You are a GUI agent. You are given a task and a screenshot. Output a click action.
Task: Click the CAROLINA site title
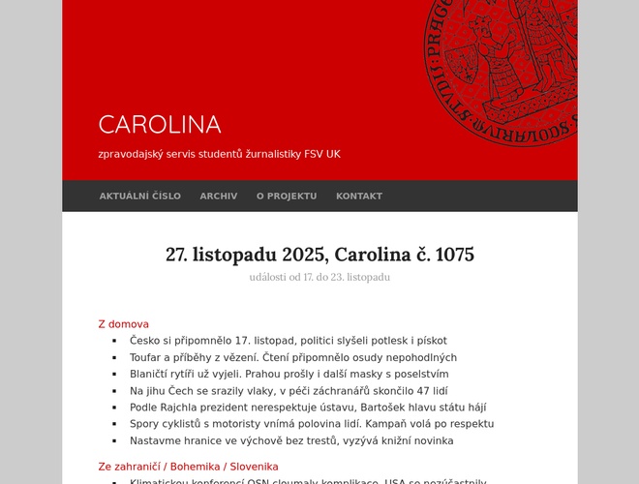(x=160, y=125)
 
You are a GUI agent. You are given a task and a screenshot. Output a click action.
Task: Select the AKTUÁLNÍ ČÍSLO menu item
(x=139, y=196)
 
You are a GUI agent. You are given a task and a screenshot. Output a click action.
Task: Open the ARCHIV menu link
(x=219, y=196)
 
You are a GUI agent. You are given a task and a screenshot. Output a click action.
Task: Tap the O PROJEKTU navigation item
(x=287, y=196)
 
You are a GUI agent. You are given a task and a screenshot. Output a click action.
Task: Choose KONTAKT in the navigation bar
(x=359, y=196)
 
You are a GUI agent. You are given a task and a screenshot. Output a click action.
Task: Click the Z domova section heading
(x=124, y=324)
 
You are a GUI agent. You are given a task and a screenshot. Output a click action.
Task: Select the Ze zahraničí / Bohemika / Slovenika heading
(x=188, y=467)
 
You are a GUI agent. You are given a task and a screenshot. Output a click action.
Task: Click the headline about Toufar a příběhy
(x=293, y=357)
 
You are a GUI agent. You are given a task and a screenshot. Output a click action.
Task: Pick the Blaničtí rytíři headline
(x=289, y=374)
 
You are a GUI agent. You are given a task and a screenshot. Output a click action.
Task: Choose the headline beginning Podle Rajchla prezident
(x=308, y=408)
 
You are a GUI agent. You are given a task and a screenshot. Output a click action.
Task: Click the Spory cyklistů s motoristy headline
(x=312, y=424)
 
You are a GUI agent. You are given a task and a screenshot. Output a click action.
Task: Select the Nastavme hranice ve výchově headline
(x=291, y=440)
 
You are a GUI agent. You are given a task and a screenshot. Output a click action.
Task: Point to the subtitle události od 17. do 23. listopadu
(x=319, y=278)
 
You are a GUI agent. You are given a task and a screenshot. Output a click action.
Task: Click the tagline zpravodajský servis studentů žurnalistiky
(x=220, y=154)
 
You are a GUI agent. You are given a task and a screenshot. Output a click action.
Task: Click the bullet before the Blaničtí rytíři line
(x=114, y=375)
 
